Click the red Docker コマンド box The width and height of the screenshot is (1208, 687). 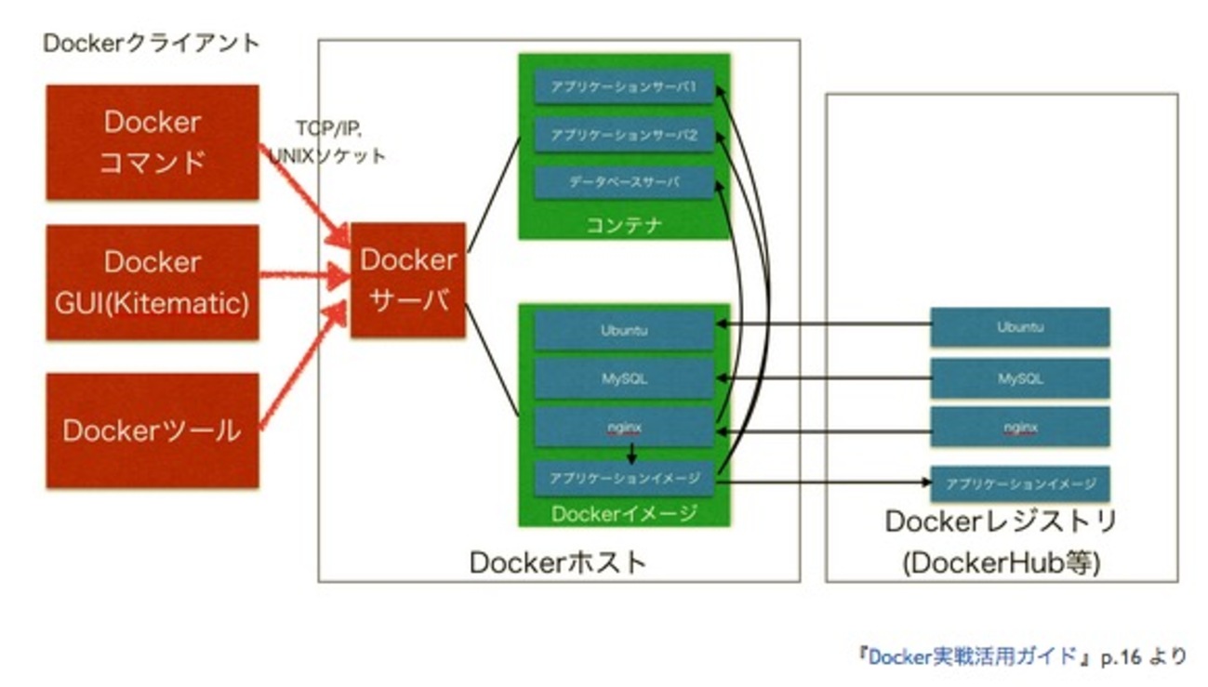tap(152, 142)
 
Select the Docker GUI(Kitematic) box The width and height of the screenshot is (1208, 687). tap(152, 282)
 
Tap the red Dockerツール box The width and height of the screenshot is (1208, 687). tap(152, 430)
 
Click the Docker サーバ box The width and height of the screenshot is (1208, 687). tap(407, 280)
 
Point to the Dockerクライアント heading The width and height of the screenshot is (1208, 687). tap(151, 43)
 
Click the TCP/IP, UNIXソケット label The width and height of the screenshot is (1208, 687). tap(326, 141)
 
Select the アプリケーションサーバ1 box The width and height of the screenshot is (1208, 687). tap(624, 87)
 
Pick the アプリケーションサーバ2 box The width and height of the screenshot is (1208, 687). tap(624, 135)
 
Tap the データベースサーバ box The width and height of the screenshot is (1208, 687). tap(624, 183)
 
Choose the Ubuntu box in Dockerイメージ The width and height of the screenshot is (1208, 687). tap(624, 329)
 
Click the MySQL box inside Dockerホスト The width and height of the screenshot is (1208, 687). tap(624, 378)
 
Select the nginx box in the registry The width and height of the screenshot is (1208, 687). tap(1020, 428)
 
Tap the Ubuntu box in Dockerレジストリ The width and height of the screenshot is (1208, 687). tap(1020, 327)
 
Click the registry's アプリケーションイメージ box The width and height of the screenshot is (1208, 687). tap(1020, 483)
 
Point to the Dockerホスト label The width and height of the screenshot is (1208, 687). tap(557, 562)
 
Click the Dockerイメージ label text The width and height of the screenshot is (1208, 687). tap(624, 514)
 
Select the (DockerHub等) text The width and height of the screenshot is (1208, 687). tap(1001, 563)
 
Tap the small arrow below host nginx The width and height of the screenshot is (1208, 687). tap(632, 454)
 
